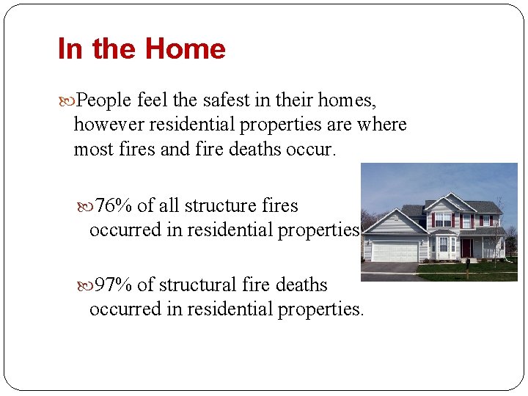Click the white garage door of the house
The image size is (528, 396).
coord(395,252)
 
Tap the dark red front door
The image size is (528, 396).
coord(466,248)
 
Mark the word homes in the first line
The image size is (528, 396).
coord(349,100)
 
